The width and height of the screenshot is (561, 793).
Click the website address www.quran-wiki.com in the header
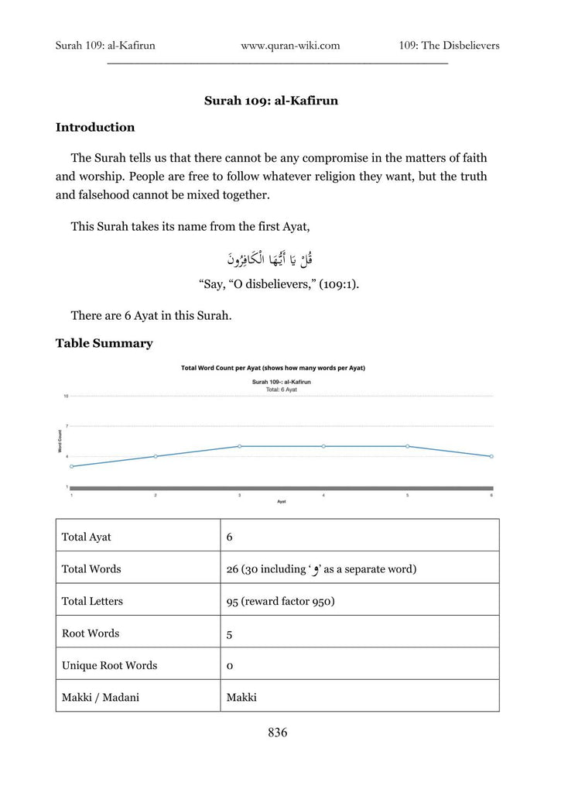[290, 46]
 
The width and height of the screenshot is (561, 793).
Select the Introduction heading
[95, 128]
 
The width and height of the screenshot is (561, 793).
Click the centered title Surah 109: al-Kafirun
[271, 101]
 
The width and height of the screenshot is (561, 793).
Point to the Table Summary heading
[104, 343]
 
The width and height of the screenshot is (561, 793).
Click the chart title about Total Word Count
[272, 368]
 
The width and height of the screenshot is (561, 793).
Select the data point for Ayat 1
[72, 466]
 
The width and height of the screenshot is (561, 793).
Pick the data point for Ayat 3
[240, 446]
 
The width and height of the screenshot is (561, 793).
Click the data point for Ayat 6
[491, 456]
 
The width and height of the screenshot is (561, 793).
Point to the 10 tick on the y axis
[67, 396]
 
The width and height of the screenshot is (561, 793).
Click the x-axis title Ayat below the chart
[282, 502]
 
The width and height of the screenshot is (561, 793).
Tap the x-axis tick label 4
[323, 495]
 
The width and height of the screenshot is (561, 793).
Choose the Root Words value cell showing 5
[230, 634]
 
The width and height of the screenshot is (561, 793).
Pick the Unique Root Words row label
[109, 665]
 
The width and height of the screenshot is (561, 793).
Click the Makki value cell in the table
[241, 698]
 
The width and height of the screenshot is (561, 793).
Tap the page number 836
[278, 733]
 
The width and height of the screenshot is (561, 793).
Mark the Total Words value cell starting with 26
[321, 569]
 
